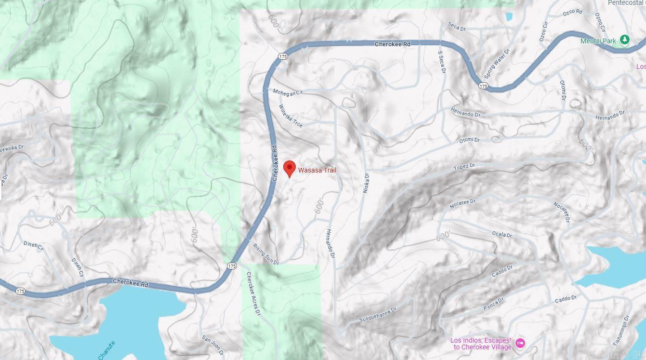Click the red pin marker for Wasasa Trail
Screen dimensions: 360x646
289,168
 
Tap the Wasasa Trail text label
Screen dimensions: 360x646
317,170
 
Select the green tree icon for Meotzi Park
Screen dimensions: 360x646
624,40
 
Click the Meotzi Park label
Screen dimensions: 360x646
598,41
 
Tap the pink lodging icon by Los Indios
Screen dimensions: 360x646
520,343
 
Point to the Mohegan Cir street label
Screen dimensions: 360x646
288,92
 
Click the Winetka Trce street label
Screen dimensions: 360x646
291,116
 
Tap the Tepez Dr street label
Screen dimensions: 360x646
464,167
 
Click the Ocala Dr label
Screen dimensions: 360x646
502,234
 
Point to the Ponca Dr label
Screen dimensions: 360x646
493,304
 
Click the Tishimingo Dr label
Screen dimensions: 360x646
621,331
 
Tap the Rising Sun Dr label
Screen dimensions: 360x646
266,254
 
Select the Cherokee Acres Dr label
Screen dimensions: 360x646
253,294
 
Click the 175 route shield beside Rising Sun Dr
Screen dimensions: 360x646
232,266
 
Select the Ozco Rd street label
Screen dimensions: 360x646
572,12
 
